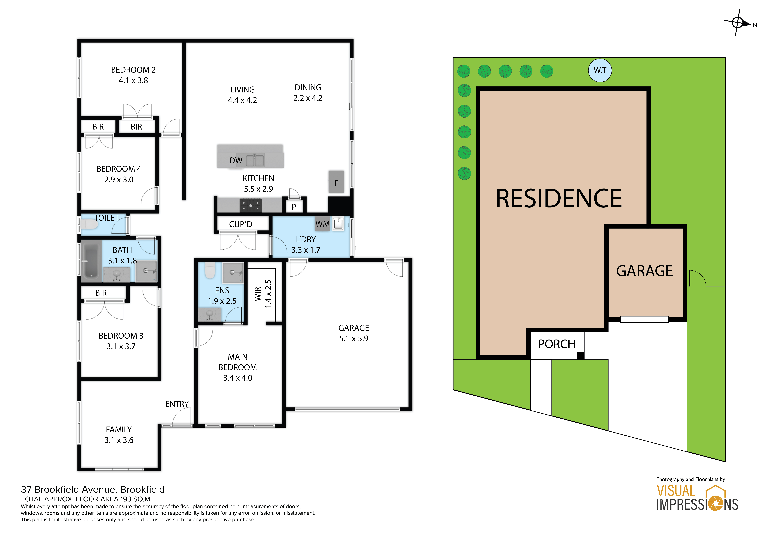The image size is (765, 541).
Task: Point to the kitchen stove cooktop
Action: click(251, 205)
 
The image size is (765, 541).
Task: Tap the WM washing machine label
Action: click(322, 224)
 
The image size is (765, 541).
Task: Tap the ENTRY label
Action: click(177, 404)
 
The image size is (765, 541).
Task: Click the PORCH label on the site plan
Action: click(557, 344)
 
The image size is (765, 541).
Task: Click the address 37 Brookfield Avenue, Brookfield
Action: click(93, 489)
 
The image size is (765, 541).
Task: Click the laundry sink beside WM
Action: click(339, 224)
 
